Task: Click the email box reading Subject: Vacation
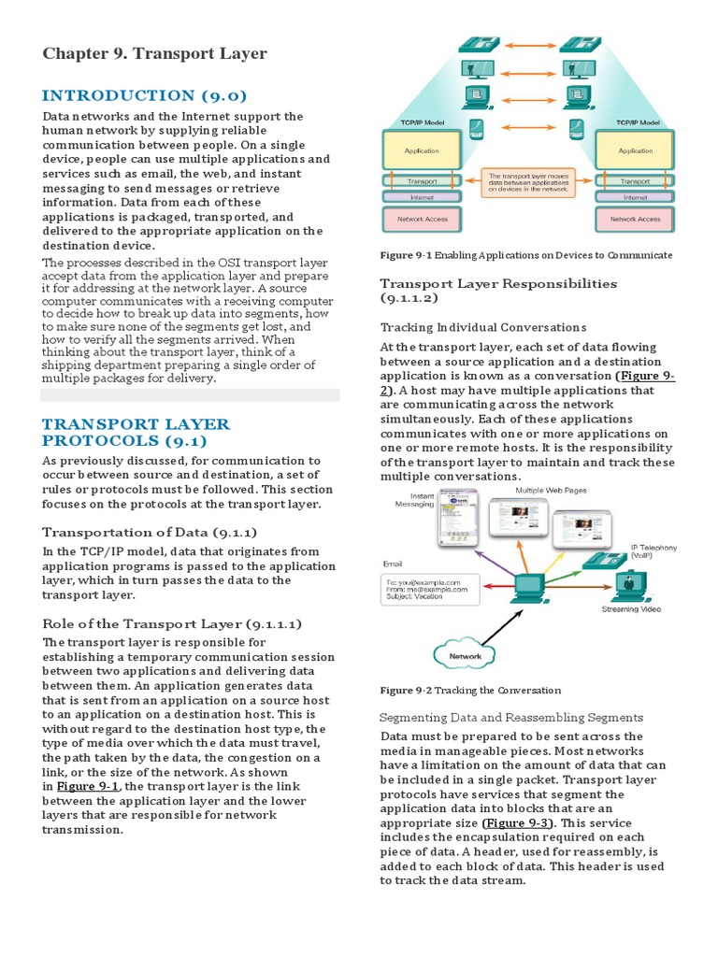point(429,592)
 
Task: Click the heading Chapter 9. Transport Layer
point(154,53)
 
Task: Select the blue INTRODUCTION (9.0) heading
point(144,95)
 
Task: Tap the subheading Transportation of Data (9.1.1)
point(142,532)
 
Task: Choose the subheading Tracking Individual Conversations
point(483,327)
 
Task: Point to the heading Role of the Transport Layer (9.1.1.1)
point(172,622)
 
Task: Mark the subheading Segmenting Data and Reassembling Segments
point(511,717)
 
